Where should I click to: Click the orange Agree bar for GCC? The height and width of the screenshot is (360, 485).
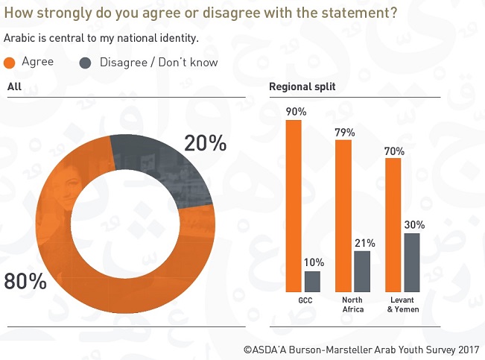click(x=294, y=206)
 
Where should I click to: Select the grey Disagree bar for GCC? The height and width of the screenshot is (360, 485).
click(x=313, y=281)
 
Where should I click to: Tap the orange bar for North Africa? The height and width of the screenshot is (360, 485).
click(x=343, y=215)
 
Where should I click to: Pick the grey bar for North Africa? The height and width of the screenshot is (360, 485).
click(x=362, y=271)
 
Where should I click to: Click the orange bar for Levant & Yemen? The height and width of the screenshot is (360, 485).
click(x=394, y=224)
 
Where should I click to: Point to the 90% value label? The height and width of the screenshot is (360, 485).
click(x=295, y=112)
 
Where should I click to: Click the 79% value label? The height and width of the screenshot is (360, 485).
click(x=345, y=132)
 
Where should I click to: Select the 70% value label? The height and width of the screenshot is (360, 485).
click(x=395, y=151)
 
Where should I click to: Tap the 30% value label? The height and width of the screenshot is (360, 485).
click(x=414, y=224)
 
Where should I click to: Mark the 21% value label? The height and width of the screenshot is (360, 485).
click(x=364, y=242)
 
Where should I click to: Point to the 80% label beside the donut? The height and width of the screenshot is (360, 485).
click(x=25, y=282)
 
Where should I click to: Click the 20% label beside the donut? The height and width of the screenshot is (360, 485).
click(x=206, y=143)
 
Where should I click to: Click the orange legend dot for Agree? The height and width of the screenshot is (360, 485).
click(x=10, y=63)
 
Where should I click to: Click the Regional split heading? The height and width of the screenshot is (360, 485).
click(x=302, y=87)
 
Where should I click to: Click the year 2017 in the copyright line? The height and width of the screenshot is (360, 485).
click(x=466, y=349)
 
